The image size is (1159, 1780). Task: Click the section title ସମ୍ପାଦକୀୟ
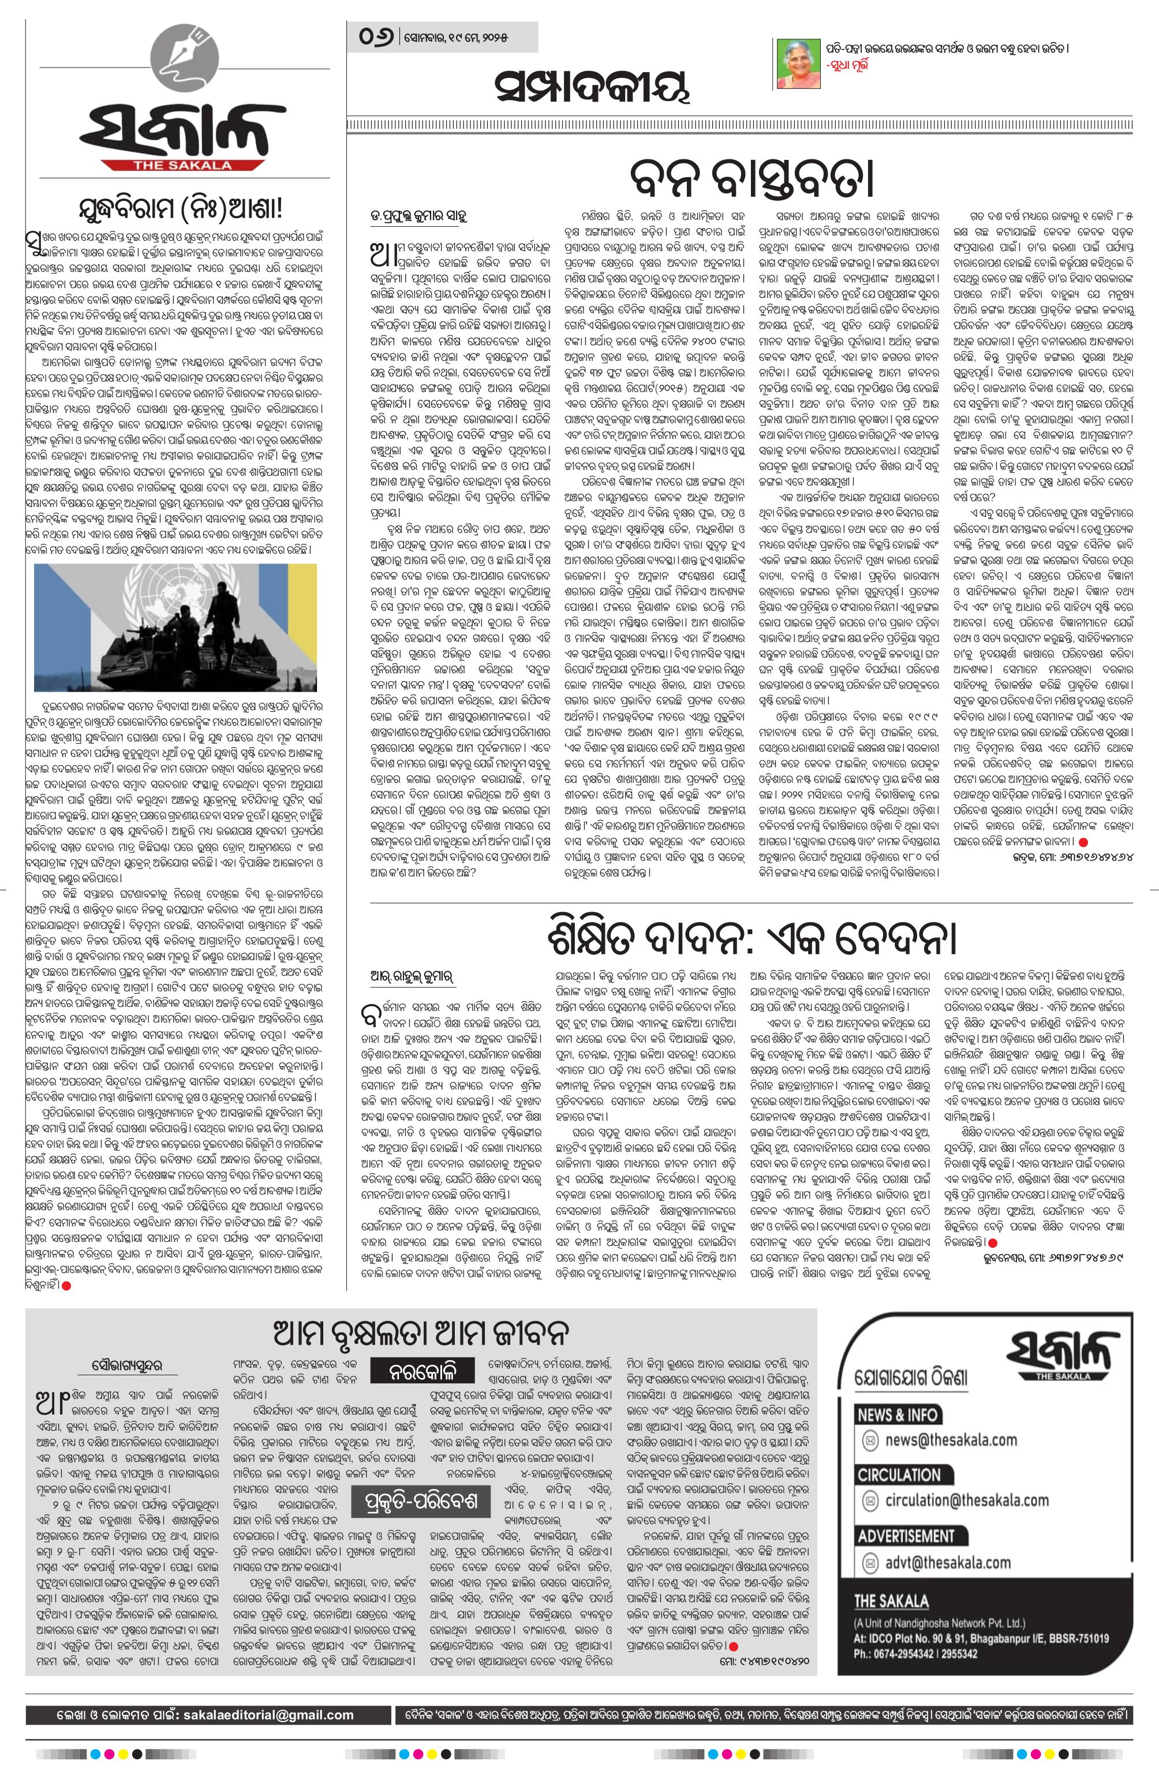coord(590,89)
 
